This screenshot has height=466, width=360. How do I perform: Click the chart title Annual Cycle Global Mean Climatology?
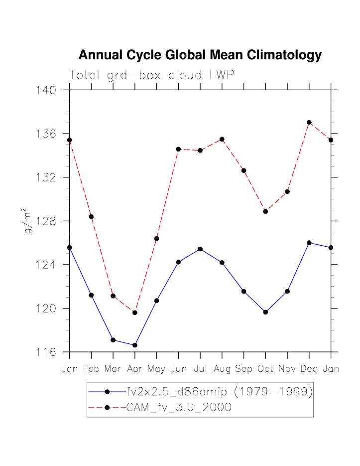tap(200, 55)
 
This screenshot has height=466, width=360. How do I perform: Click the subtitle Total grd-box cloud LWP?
tap(151, 75)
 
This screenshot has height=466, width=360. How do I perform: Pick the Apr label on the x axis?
tap(134, 369)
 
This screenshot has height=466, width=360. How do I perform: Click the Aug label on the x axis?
tap(222, 369)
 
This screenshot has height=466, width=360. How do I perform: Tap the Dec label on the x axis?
tap(309, 369)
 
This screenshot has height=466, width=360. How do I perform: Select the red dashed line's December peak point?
tap(309, 122)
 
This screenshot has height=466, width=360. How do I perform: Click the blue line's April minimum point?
tap(135, 345)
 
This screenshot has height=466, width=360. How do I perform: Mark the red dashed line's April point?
tap(135, 312)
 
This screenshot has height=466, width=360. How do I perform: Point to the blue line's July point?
tap(200, 249)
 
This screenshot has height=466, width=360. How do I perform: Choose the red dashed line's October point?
tap(265, 211)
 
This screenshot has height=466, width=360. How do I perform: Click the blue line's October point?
tap(265, 312)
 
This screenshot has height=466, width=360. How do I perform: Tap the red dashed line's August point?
tap(222, 139)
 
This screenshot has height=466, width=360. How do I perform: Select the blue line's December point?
tap(309, 243)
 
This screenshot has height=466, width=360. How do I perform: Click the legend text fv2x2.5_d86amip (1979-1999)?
tap(220, 392)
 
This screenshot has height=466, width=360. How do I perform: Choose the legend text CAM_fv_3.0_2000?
tap(179, 407)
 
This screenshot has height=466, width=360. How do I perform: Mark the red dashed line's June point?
tap(178, 149)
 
